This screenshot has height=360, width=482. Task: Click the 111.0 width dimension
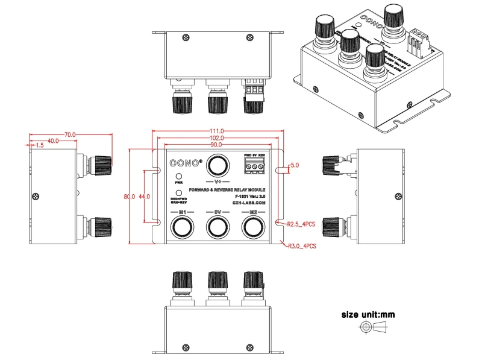pos(218,131)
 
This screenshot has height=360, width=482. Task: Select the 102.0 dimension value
pos(218,138)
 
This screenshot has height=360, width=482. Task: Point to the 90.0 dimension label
pos(218,145)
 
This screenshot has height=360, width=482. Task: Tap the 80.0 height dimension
pos(129,197)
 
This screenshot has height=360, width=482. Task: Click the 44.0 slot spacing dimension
pos(144,197)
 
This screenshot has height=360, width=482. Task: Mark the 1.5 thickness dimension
pos(39,145)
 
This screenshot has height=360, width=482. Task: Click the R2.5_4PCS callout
pos(302,224)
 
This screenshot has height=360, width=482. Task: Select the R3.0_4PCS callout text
pos(302,245)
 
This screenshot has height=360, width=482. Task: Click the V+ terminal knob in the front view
pos(218,165)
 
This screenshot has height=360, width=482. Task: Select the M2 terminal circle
pos(253,227)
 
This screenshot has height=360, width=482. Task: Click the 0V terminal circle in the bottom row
pos(218,227)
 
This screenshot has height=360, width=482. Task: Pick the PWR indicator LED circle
pos(179,175)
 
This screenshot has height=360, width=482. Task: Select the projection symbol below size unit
pos(374,327)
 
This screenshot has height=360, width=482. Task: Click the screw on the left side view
pos(39,196)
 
